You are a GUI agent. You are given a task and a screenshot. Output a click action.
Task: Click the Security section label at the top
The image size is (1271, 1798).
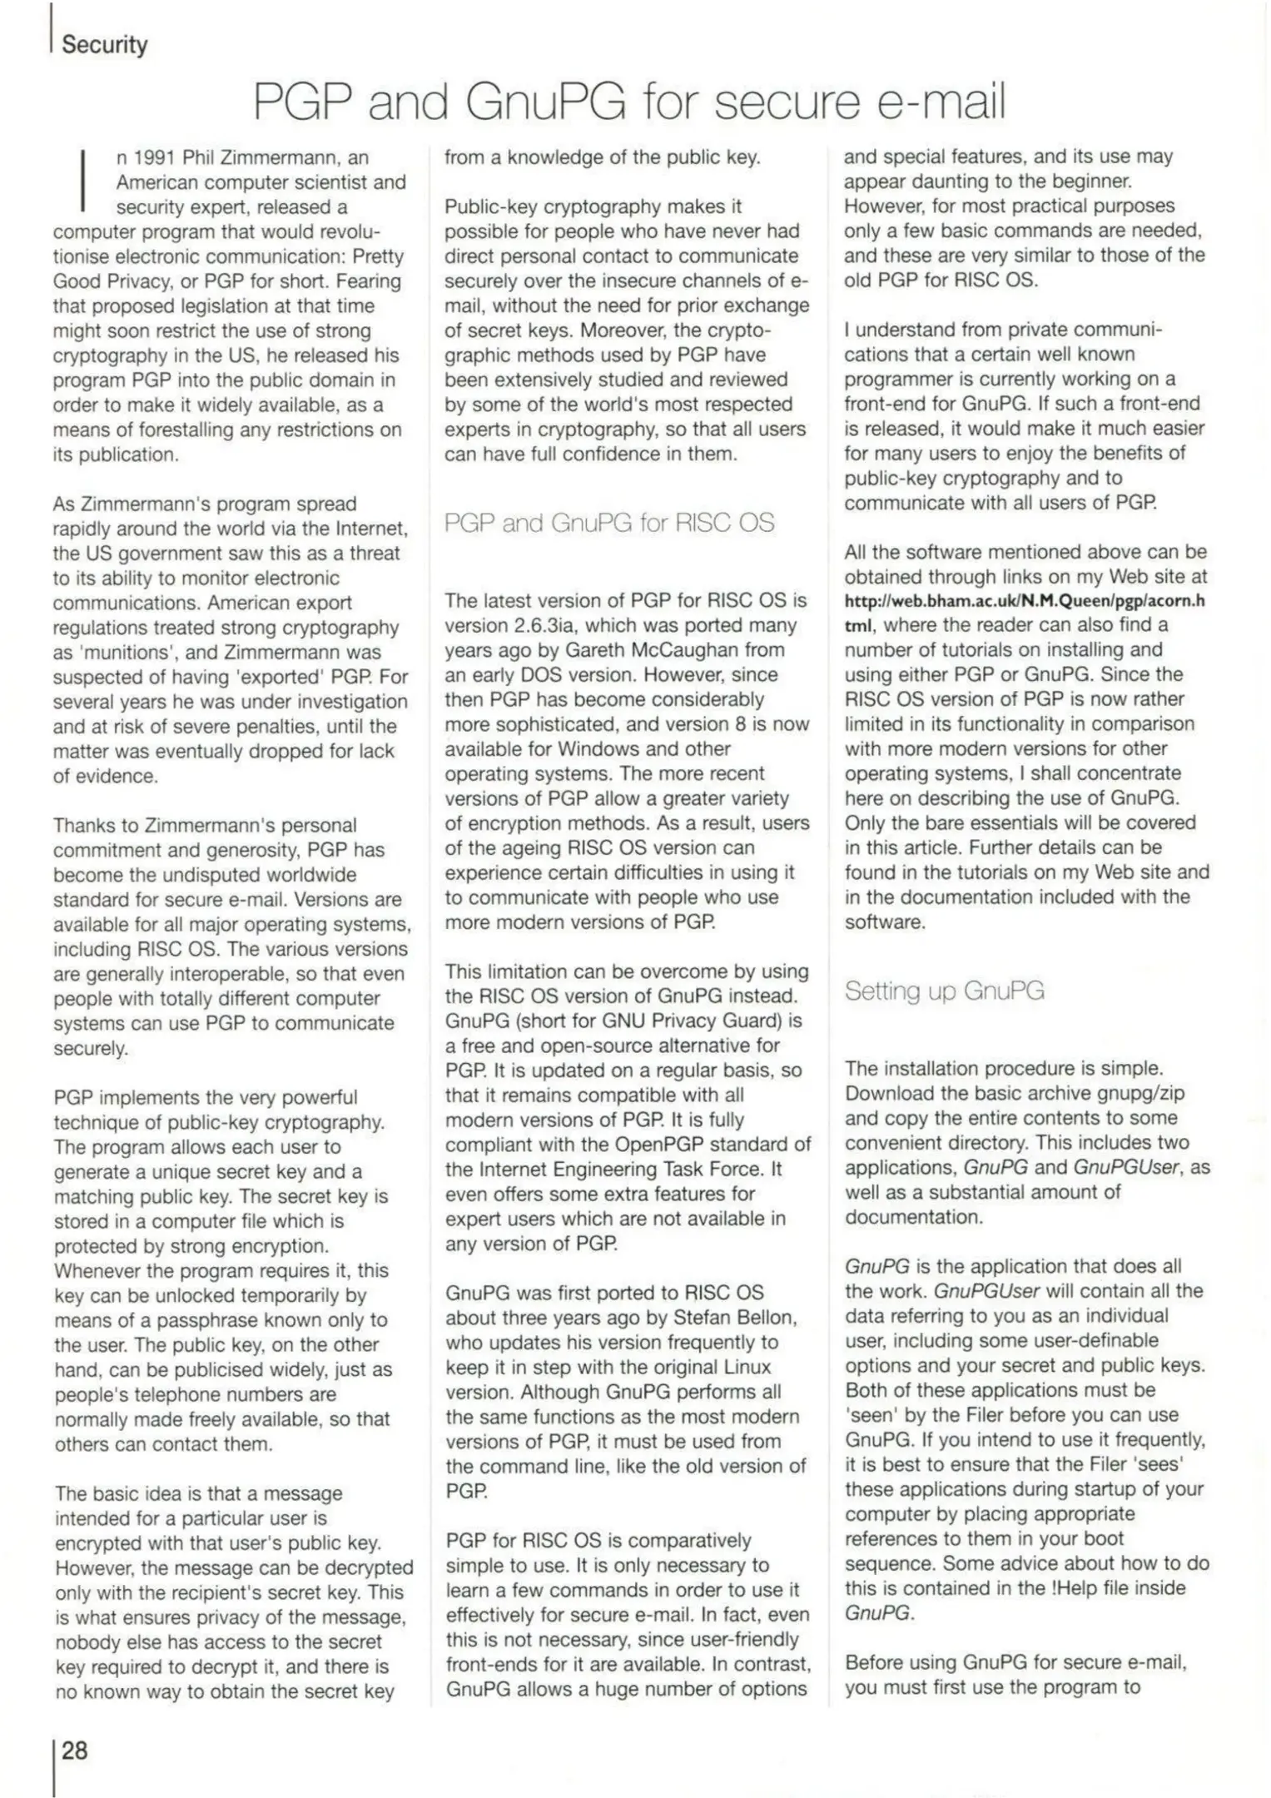[x=104, y=44]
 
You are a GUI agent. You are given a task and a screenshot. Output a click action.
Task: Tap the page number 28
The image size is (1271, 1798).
[x=74, y=1751]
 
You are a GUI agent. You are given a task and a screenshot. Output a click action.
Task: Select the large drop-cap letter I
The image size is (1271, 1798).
[x=83, y=179]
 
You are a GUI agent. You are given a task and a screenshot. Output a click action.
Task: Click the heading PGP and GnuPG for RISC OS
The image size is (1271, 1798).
[x=608, y=523]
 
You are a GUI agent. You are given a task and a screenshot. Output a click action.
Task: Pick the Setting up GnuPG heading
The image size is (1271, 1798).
[x=944, y=991]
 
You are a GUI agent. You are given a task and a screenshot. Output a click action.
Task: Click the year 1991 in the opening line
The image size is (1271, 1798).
[x=155, y=157]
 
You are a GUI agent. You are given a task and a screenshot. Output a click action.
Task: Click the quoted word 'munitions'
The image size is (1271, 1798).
[x=122, y=653]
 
